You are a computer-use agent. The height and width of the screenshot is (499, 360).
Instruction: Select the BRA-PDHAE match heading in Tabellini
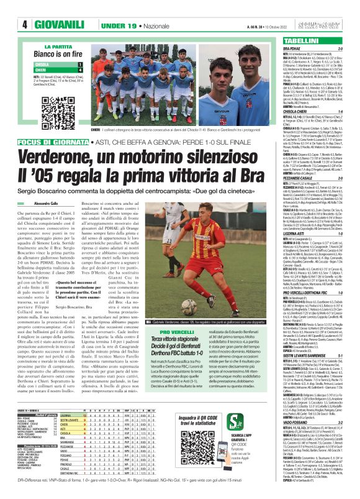point(296,48)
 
